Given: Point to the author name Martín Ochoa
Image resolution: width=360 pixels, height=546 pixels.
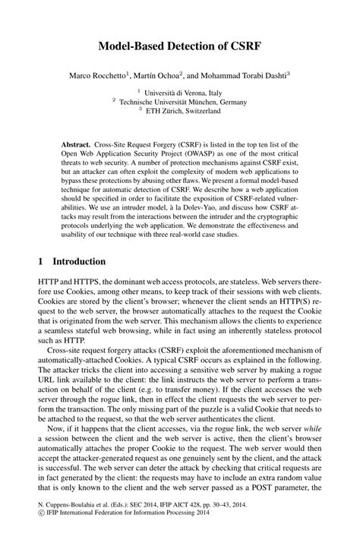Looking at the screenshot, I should pyautogui.click(x=170, y=75).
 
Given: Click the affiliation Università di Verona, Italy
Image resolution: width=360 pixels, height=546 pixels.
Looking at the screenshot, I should pyautogui.click(x=185, y=93).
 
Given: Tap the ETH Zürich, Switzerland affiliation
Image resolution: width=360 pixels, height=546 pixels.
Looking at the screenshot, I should pyautogui.click(x=185, y=110).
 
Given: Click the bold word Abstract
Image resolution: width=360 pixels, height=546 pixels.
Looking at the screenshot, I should pyautogui.click(x=77, y=144).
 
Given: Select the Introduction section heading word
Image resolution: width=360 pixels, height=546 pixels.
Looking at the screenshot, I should pyautogui.click(x=78, y=261).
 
